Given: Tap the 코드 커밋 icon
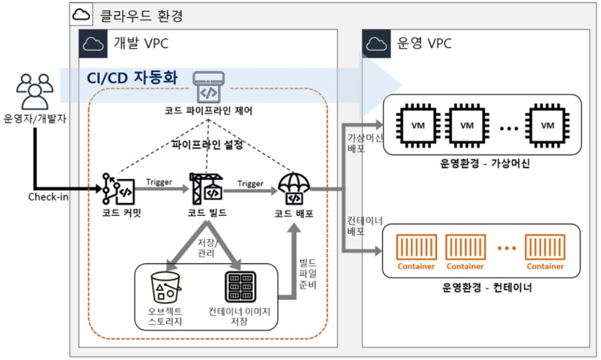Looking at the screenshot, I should tap(118, 188).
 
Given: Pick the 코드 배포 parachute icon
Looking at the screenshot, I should tap(294, 188).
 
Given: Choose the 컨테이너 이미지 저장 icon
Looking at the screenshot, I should tap(239, 287).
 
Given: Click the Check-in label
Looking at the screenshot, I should tap(46, 197).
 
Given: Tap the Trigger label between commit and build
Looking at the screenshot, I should tap(159, 182).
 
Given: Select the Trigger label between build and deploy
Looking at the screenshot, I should tap(250, 183).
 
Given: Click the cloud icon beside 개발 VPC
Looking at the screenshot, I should tap(93, 43).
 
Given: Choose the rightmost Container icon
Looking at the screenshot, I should tap(545, 252).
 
